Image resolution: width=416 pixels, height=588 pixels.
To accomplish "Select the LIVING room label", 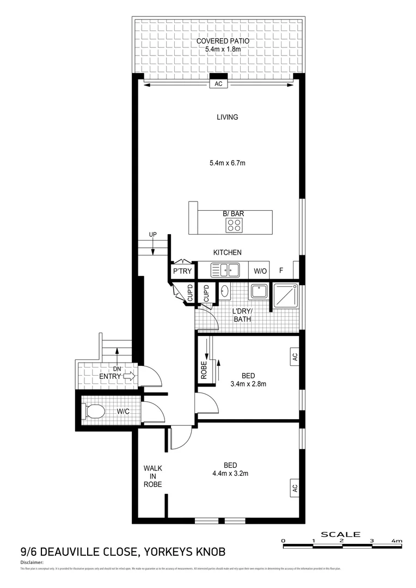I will [x=228, y=117].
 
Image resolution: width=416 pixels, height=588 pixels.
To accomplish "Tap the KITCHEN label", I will [x=227, y=253].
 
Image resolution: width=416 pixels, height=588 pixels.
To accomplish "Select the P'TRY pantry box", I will [x=180, y=271].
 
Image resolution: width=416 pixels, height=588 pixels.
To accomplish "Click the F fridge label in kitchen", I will [x=282, y=271].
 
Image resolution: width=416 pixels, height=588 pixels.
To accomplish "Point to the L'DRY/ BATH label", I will [x=242, y=315].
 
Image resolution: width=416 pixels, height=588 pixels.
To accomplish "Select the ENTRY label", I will [x=110, y=376].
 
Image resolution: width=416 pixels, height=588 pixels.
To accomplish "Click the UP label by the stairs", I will [x=154, y=235].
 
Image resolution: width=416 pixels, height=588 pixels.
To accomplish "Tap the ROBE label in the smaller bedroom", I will [x=204, y=370].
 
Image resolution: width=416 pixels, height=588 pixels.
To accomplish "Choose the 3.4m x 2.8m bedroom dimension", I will [x=248, y=383].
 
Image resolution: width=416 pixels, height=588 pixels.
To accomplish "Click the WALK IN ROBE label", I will [x=152, y=476].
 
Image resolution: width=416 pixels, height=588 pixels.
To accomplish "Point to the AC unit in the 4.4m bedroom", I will [x=295, y=487].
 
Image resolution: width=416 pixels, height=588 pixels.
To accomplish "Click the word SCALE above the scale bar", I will [x=341, y=534].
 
